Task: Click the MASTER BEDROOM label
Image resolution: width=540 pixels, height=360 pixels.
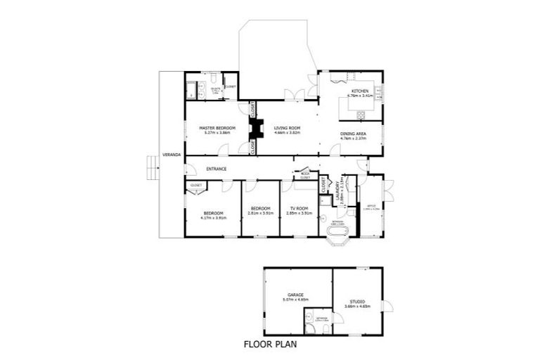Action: (x=217, y=127)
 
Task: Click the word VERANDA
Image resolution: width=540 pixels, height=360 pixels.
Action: (x=169, y=153)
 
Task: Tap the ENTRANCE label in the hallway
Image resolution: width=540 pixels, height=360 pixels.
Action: (x=216, y=169)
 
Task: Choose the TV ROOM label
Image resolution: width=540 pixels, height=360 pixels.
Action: (x=300, y=208)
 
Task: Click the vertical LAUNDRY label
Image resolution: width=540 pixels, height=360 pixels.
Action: (x=338, y=192)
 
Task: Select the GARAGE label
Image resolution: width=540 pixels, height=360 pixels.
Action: (x=295, y=295)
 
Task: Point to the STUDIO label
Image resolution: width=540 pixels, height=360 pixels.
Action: (x=359, y=302)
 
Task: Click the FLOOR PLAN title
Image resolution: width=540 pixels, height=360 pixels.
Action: (x=269, y=345)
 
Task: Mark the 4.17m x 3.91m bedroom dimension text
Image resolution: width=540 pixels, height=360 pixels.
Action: (x=213, y=218)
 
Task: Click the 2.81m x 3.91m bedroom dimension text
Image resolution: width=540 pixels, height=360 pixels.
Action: (x=261, y=213)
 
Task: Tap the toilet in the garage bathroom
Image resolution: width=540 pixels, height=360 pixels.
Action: (x=309, y=328)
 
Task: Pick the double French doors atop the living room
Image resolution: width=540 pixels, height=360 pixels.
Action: (x=294, y=95)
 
